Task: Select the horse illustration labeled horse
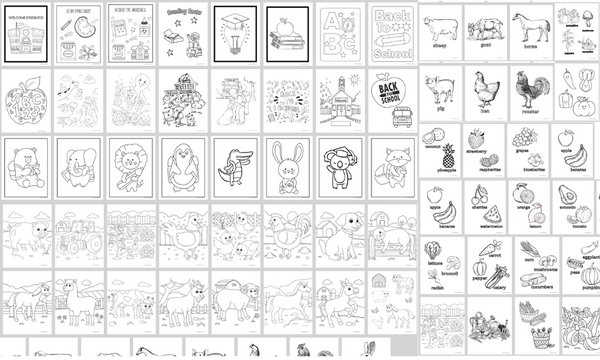[x=532, y=26]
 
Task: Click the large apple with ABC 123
[x=25, y=100]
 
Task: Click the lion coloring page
[x=129, y=166]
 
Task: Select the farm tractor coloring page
[x=77, y=234]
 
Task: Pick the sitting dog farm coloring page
[x=339, y=234]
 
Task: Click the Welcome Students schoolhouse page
[x=25, y=33]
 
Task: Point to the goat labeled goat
[x=489, y=26]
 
